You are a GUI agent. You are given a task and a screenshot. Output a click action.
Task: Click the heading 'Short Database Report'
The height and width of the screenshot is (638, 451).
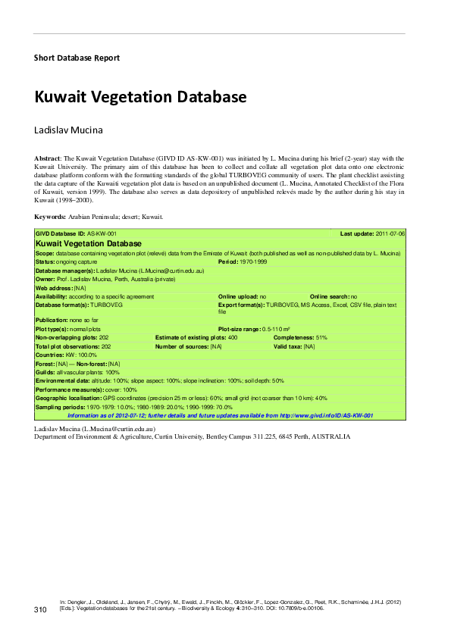click(77, 58)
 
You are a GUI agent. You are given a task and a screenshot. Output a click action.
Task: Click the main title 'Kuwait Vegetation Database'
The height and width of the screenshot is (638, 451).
click(140, 97)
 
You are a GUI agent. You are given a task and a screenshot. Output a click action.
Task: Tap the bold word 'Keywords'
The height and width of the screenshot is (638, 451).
click(50, 217)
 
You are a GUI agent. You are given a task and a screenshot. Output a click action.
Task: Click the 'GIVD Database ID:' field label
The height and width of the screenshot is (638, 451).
click(60, 234)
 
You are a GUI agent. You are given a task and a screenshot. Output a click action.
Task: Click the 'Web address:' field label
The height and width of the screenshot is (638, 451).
click(55, 288)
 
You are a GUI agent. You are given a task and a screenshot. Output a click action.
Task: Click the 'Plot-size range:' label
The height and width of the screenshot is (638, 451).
click(240, 330)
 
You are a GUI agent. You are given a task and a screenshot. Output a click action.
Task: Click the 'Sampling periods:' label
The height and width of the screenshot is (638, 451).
click(61, 407)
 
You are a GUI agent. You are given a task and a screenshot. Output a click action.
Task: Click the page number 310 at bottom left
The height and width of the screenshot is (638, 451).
click(41, 610)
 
